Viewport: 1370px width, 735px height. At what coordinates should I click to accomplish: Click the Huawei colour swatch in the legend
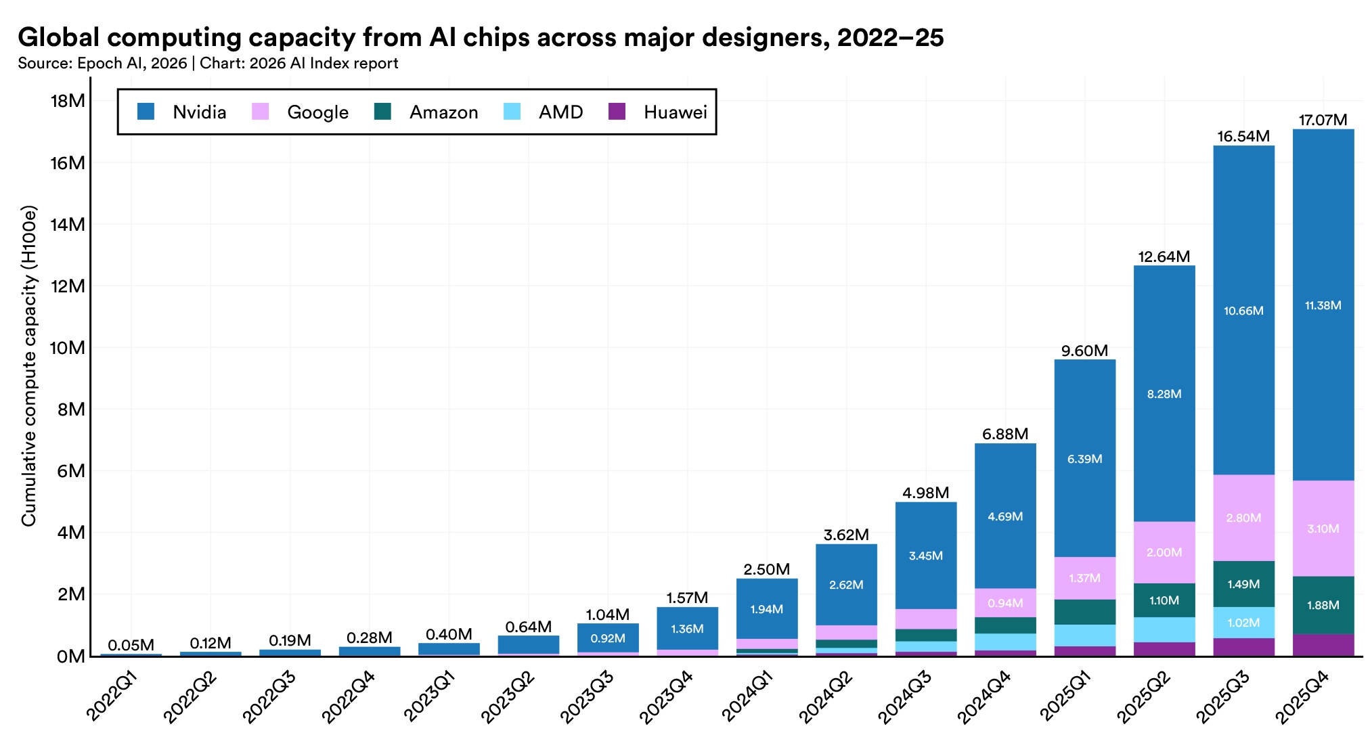(617, 112)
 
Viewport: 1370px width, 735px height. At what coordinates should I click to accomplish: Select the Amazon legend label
(443, 112)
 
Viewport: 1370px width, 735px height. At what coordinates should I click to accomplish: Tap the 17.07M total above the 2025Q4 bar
(1323, 120)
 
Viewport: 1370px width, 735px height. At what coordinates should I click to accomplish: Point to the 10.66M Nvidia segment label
(1243, 311)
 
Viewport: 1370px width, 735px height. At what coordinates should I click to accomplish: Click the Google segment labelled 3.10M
(1323, 529)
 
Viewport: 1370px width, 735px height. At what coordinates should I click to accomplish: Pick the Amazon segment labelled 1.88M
(1323, 605)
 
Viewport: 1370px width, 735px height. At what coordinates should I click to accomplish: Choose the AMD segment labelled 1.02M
(1243, 623)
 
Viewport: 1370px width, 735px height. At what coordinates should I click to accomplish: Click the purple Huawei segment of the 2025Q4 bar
(1323, 645)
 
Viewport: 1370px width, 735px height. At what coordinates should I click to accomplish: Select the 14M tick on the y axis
(68, 225)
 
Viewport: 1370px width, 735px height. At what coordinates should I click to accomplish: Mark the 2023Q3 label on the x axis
(588, 696)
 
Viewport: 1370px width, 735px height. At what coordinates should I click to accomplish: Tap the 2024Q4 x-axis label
(985, 696)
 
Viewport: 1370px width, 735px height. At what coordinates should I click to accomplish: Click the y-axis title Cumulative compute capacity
(28, 365)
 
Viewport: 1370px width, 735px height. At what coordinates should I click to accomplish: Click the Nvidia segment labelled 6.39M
(1084, 459)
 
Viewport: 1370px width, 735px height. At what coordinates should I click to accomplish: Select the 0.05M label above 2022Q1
(131, 645)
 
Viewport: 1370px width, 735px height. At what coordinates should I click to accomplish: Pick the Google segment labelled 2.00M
(1164, 552)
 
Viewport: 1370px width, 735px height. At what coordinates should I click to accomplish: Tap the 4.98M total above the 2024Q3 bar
(925, 493)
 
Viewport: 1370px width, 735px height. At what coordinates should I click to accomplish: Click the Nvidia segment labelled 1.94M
(766, 609)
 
